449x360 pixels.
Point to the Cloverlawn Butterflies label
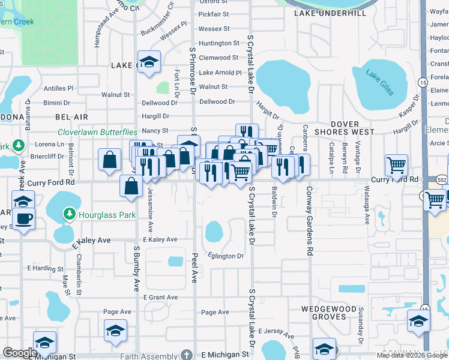(x=97, y=132)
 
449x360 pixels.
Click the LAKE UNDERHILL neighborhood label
(x=330, y=13)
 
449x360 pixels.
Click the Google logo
(x=20, y=353)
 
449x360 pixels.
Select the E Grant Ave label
(x=160, y=298)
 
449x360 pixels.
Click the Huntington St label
(x=219, y=43)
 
